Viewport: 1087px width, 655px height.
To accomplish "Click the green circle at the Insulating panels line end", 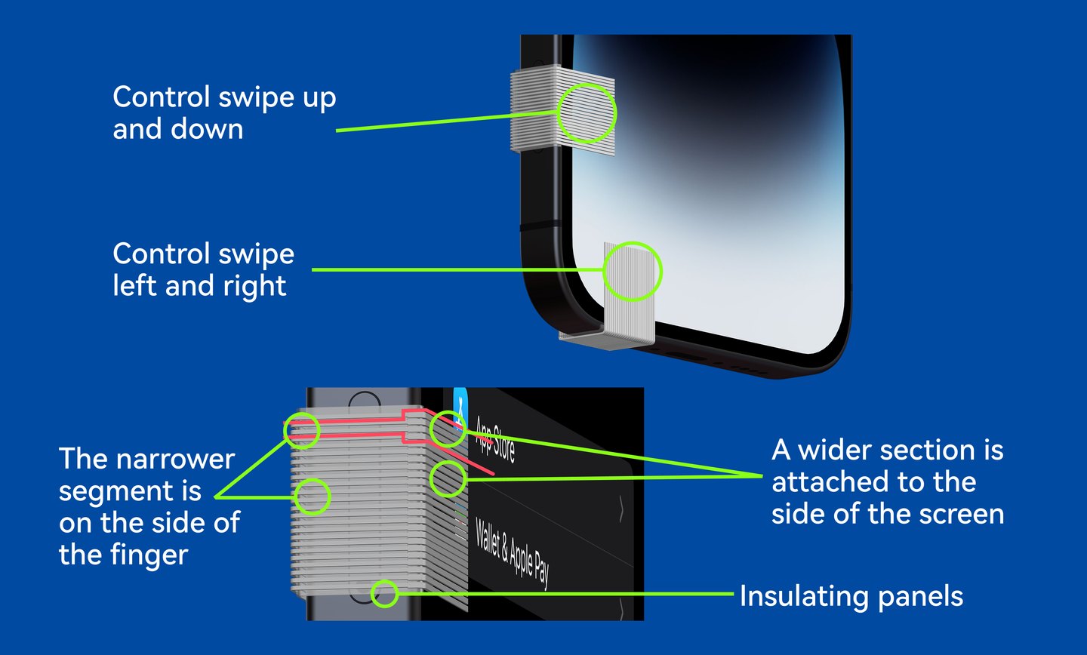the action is [x=384, y=593].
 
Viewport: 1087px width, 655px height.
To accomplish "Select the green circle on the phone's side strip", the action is [x=587, y=113].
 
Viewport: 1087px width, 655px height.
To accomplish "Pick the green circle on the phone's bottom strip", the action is [x=633, y=271].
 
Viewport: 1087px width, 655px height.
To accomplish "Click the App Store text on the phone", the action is [x=495, y=440].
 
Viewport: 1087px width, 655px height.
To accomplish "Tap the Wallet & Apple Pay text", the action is [x=512, y=554].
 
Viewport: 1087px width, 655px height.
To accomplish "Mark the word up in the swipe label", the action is [x=319, y=99].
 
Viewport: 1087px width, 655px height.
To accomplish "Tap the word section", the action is [x=925, y=450].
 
